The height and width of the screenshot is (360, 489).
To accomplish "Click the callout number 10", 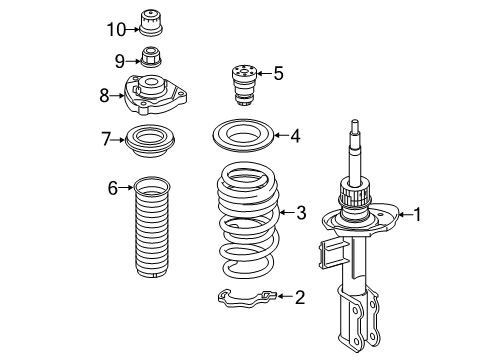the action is tap(116, 29).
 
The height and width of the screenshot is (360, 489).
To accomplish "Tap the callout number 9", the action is tap(120, 61).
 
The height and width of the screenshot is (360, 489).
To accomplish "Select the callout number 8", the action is tap(104, 96).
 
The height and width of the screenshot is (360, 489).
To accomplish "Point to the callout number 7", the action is tap(106, 139).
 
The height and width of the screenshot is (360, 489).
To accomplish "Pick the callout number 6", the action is tap(113, 188).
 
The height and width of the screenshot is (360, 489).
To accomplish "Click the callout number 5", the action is tap(278, 73).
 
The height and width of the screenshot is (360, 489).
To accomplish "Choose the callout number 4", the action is tap(295, 136).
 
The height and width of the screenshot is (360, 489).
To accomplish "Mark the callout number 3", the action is tap(301, 212).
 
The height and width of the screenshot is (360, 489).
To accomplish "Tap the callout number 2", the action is tap(300, 297).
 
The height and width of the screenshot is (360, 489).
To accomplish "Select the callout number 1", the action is tap(417, 214).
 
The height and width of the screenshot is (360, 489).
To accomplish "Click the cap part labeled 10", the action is tap(151, 23).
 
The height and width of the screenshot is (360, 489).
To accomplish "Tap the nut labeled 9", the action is tap(151, 57).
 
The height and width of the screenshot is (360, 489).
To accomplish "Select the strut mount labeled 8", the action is tap(155, 95).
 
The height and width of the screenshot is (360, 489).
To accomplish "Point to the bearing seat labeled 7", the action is tap(150, 141).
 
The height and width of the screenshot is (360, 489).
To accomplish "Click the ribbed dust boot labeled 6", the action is tap(152, 227).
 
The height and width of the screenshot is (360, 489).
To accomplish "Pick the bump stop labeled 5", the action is tap(244, 86).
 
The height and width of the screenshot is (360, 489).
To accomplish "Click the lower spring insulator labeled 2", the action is tap(247, 297).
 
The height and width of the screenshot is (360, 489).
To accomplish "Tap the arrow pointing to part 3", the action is tap(288, 212).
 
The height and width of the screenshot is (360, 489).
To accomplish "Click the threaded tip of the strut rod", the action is tap(355, 126).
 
